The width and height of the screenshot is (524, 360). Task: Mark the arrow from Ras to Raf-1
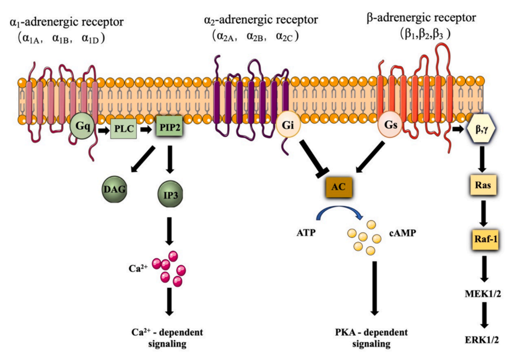pos(482,212)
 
